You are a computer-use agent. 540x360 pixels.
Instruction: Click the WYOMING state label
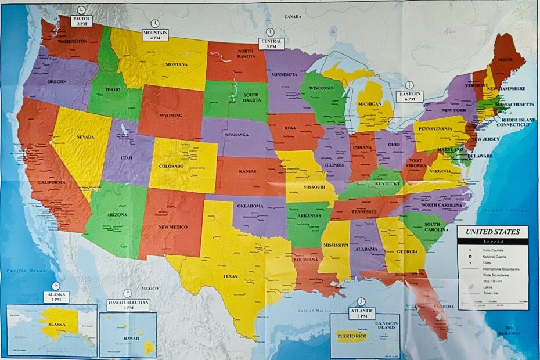point(171,115)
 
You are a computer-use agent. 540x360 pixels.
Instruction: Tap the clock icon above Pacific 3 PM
point(81,10)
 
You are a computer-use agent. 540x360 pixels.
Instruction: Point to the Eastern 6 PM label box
point(410,96)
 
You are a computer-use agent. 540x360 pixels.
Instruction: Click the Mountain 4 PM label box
point(155,35)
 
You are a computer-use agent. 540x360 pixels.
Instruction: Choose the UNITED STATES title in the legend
point(492,232)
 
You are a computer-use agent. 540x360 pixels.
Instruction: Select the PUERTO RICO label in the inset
point(351,335)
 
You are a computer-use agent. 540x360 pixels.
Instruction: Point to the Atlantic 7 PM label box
point(361,314)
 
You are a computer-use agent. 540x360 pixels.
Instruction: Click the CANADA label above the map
point(292,17)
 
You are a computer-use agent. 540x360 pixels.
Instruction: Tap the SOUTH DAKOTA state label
point(251,98)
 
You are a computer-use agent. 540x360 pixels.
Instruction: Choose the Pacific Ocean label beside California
point(22,271)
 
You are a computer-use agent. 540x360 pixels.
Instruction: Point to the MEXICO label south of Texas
point(149,288)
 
